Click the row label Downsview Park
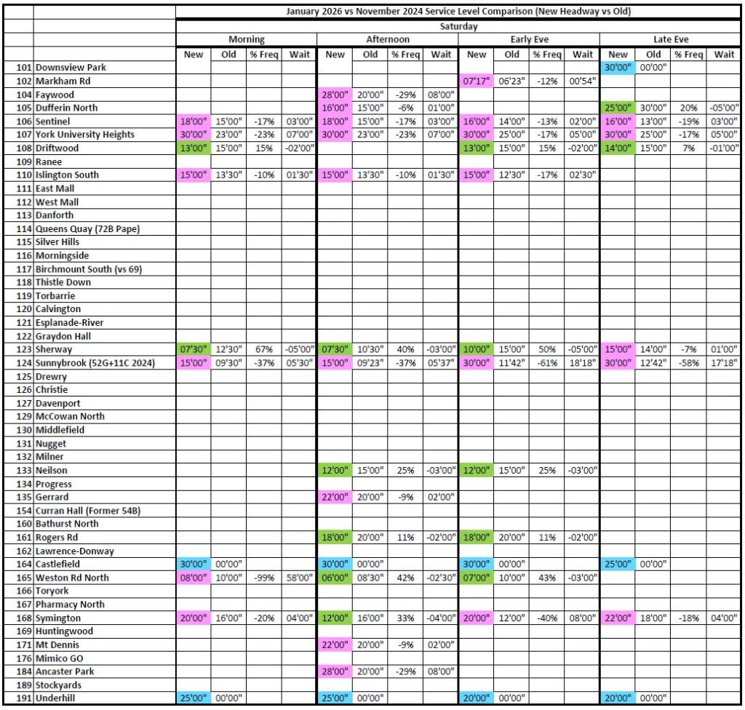pyautogui.click(x=71, y=67)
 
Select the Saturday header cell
pyautogui.click(x=458, y=26)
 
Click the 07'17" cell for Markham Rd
pyautogui.click(x=477, y=81)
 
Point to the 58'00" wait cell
pyautogui.click(x=300, y=578)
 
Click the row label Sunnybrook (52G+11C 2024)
pyautogui.click(x=95, y=363)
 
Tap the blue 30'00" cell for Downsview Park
pyautogui.click(x=618, y=67)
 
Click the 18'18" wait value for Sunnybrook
pyautogui.click(x=582, y=363)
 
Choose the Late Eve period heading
pyautogui.click(x=670, y=39)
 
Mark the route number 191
pyautogui.click(x=24, y=698)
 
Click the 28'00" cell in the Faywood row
pyautogui.click(x=335, y=95)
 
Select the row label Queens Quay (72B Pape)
pyautogui.click(x=87, y=228)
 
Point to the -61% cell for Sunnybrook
pyautogui.click(x=546, y=363)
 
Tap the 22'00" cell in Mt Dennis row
pyautogui.click(x=335, y=645)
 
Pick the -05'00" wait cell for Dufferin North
pyautogui.click(x=724, y=108)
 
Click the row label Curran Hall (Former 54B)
pyautogui.click(x=87, y=511)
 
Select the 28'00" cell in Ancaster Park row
pyautogui.click(x=335, y=671)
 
